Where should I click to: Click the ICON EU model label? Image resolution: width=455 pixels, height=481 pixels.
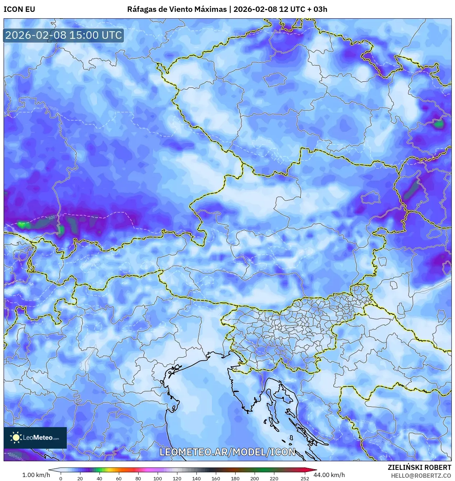19,9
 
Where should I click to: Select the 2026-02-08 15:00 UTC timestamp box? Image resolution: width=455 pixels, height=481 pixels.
64,35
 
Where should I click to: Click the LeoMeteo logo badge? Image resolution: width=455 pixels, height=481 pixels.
35,438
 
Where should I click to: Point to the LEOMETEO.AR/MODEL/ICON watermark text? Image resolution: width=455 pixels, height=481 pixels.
227,452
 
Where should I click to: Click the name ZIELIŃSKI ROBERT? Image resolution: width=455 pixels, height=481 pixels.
419,467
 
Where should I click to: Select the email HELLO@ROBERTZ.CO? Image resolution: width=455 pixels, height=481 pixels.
421,475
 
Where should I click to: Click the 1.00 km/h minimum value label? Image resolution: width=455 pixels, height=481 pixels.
36,475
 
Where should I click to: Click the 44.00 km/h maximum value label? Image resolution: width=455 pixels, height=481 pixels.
329,475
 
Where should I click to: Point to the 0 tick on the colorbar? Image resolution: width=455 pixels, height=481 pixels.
61,478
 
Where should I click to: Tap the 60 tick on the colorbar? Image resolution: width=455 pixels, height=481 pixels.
119,478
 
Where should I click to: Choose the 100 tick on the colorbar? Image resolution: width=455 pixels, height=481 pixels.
158,478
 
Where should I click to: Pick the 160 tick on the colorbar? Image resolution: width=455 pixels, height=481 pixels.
216,478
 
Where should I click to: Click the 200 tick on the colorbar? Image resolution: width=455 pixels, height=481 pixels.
255,478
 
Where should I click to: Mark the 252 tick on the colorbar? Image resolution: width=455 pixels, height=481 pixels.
305,478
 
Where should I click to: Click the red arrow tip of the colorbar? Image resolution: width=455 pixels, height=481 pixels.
315,470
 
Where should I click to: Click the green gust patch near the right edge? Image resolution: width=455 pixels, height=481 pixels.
438,124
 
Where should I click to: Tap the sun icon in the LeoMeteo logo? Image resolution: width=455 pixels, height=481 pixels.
16,438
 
